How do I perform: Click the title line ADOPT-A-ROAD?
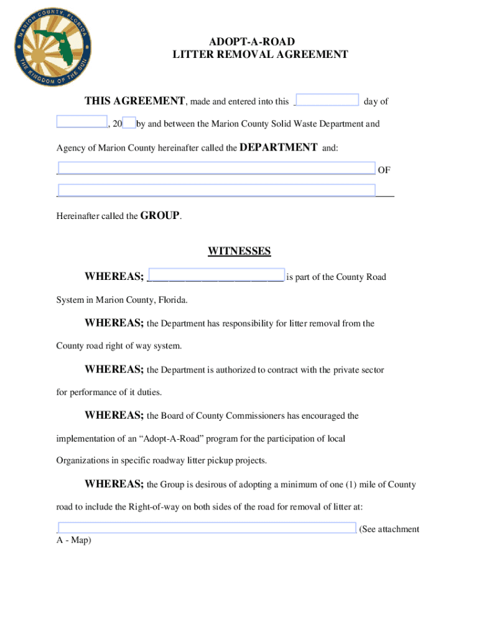260,42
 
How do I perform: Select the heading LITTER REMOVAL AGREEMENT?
260,55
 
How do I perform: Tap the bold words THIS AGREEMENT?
135,101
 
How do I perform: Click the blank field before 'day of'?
327,101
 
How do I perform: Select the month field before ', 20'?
81,122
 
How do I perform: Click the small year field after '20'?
129,123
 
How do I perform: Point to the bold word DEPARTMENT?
278,147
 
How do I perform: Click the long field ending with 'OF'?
216,169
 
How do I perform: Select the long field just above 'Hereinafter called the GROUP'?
216,190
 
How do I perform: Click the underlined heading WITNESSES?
239,251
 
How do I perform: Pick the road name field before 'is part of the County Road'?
216,276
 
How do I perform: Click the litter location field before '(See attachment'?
207,528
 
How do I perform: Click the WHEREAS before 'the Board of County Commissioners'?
114,415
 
